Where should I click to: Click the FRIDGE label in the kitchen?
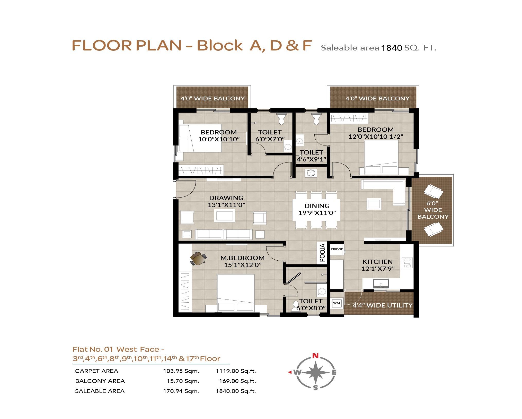(x=337, y=249)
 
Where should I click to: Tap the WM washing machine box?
(x=337, y=303)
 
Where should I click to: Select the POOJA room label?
(x=322, y=253)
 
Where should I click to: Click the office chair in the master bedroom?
(x=198, y=259)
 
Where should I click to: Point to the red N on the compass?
(x=315, y=356)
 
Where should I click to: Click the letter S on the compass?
(x=315, y=388)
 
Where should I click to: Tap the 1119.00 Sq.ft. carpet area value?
(x=236, y=371)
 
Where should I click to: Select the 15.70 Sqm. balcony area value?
(x=183, y=381)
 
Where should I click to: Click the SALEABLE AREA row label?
(x=100, y=391)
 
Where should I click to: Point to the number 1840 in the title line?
(x=391, y=48)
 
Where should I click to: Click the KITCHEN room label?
(x=378, y=262)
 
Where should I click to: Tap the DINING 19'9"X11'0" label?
(x=317, y=209)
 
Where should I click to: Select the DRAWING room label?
(x=226, y=198)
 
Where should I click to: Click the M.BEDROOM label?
(x=242, y=258)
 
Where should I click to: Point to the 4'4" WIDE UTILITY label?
(x=383, y=305)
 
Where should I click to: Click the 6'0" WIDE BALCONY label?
(x=433, y=210)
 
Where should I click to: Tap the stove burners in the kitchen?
(x=407, y=263)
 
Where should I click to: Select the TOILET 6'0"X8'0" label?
(x=311, y=305)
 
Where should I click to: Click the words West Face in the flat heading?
(x=138, y=349)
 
